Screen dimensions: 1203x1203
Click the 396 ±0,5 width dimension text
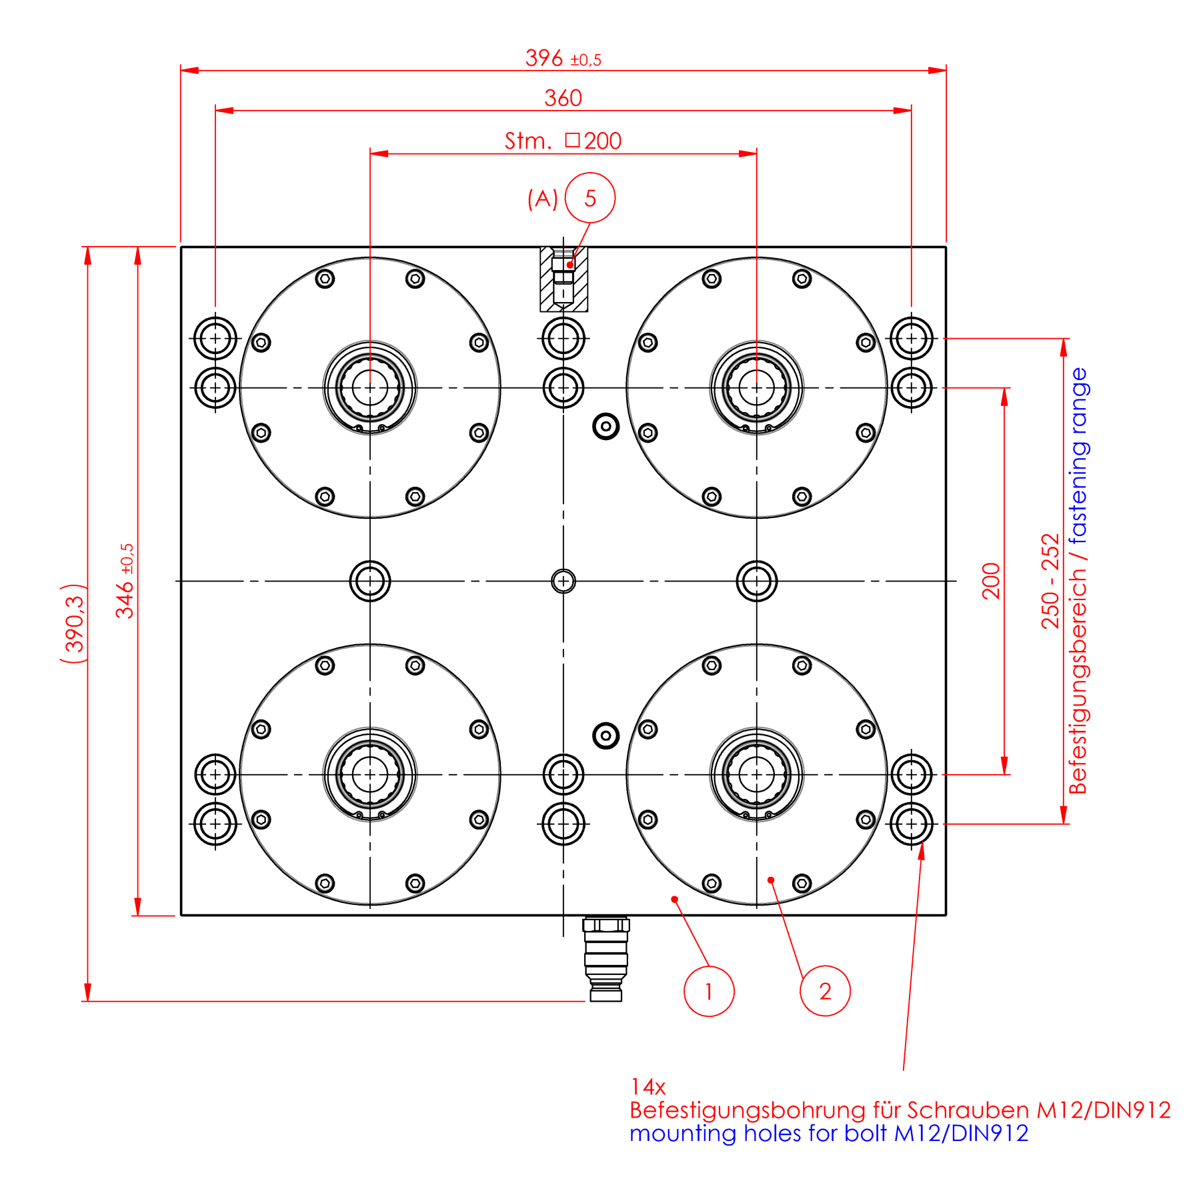[x=563, y=59]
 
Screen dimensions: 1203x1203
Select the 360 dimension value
[x=563, y=99]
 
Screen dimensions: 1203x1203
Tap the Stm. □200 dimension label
[x=563, y=141]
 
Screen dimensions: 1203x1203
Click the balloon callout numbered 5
[x=589, y=198]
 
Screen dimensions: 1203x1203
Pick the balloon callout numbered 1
[x=708, y=992]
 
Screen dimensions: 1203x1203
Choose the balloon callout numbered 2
[x=825, y=992]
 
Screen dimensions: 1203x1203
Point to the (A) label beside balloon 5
[x=542, y=199]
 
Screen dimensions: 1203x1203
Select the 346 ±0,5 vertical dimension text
[x=125, y=581]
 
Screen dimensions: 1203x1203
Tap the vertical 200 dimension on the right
[x=992, y=581]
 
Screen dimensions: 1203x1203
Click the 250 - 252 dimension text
[x=1050, y=581]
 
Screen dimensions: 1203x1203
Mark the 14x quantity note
[x=648, y=1087]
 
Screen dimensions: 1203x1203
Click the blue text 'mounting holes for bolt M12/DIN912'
[x=828, y=1134]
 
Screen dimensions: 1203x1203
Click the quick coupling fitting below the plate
[x=606, y=958]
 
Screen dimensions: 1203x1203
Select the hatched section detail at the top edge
[x=563, y=279]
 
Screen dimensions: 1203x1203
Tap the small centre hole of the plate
[x=563, y=581]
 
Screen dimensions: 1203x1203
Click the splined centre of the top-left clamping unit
[x=370, y=387]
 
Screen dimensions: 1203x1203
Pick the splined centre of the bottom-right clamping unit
[x=757, y=774]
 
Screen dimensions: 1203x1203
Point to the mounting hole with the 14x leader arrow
[x=911, y=824]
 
